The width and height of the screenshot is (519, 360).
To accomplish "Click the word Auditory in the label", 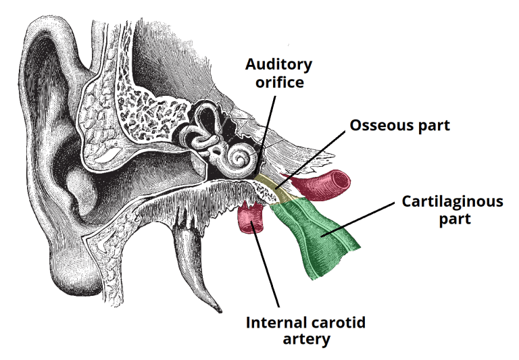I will [278, 65].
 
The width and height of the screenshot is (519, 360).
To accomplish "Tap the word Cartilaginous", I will [452, 201].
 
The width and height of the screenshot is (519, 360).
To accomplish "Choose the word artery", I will [305, 339].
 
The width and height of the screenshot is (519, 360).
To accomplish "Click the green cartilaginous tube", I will [318, 236].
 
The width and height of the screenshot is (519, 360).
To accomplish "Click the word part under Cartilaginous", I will [452, 219].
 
